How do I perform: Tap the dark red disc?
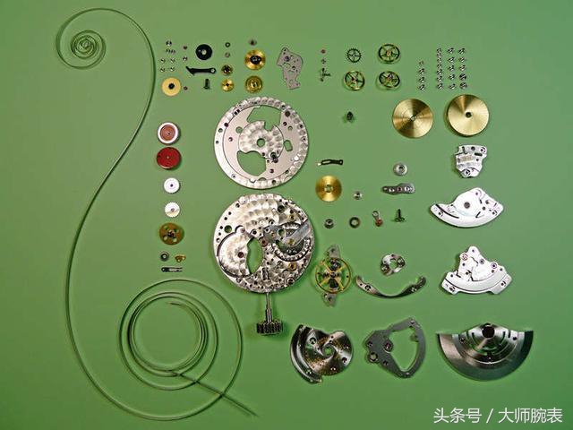168,159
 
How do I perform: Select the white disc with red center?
168,133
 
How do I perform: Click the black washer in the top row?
204,52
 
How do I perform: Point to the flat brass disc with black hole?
171,87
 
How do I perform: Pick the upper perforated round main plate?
261,142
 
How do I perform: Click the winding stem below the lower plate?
268,315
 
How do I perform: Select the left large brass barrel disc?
412,117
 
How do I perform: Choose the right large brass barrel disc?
466,116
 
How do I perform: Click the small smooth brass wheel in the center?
329,188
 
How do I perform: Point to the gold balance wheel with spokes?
332,274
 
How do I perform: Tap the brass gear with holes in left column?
171,234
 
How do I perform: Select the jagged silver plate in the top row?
289,68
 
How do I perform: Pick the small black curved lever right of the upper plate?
331,162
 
